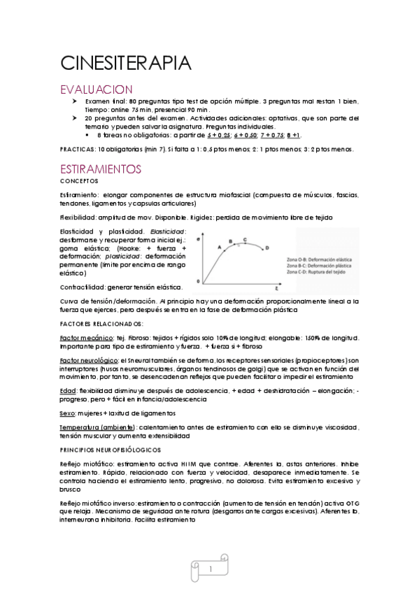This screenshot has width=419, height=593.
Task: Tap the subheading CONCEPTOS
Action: pyautogui.click(x=80, y=180)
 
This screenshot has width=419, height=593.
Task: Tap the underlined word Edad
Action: pyautogui.click(x=69, y=390)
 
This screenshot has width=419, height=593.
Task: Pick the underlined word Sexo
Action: pyautogui.click(x=68, y=413)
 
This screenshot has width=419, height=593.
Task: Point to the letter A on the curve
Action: pyautogui.click(x=219, y=247)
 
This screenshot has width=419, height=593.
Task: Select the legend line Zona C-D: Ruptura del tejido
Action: pyautogui.click(x=325, y=273)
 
